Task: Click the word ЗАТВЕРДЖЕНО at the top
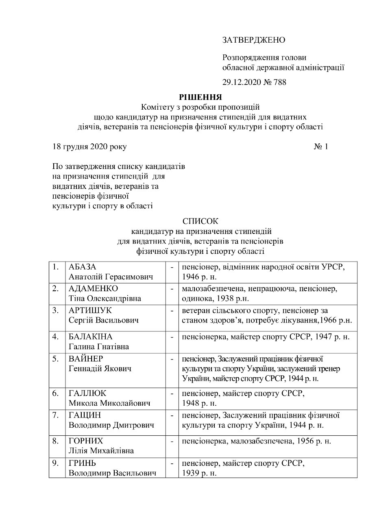(254, 40)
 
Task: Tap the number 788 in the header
(279, 82)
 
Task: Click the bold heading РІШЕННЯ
(200, 97)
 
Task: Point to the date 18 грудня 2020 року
(89, 146)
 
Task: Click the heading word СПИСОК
(200, 221)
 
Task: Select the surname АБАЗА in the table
(84, 267)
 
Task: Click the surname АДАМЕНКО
(93, 289)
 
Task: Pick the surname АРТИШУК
(90, 311)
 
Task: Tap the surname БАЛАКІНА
(90, 337)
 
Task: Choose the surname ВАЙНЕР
(86, 359)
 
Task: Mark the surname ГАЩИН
(85, 415)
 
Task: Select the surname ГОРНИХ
(86, 441)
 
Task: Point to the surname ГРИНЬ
(83, 463)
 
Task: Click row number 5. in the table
(56, 359)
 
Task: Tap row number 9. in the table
(56, 463)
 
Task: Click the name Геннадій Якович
(100, 369)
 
